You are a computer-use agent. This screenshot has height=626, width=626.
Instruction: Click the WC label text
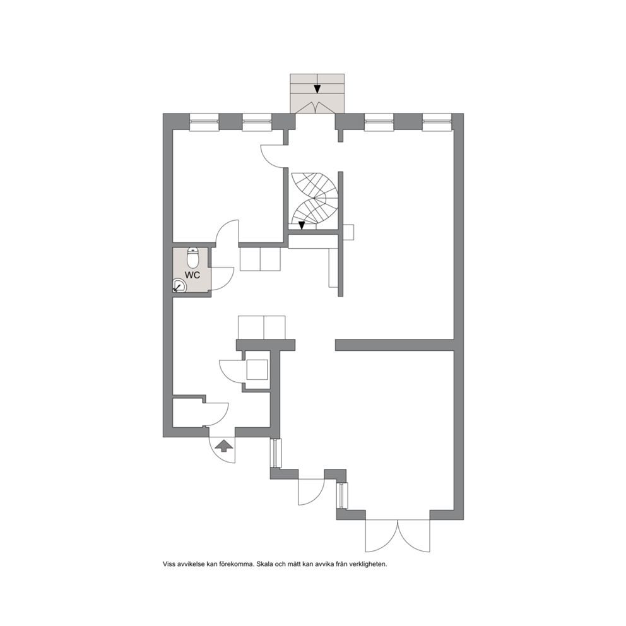pyautogui.click(x=192, y=275)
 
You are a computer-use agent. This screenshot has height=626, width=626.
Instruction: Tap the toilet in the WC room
pyautogui.click(x=193, y=257)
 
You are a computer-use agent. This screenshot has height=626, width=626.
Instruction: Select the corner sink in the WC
pyautogui.click(x=179, y=286)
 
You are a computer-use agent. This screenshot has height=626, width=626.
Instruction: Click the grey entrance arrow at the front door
pyautogui.click(x=224, y=445)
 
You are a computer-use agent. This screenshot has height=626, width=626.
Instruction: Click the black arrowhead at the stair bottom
pyautogui.click(x=302, y=225)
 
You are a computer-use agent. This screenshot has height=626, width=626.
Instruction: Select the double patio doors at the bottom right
pyautogui.click(x=398, y=536)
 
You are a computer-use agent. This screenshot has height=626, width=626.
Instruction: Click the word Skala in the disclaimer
pyautogui.click(x=264, y=565)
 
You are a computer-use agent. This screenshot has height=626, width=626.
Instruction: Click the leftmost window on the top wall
pyautogui.click(x=204, y=122)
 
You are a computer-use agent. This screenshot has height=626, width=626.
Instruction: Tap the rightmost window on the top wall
pyautogui.click(x=437, y=122)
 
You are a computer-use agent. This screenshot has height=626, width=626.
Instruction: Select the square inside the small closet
pyautogui.click(x=257, y=370)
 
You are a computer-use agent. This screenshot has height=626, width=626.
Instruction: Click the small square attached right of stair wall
pyautogui.click(x=348, y=233)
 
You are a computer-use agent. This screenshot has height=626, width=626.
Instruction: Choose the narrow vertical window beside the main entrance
pyautogui.click(x=276, y=453)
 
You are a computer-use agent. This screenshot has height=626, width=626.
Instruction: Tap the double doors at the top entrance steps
pyautogui.click(x=317, y=107)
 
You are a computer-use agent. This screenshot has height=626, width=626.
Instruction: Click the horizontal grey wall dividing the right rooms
pyautogui.click(x=395, y=345)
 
